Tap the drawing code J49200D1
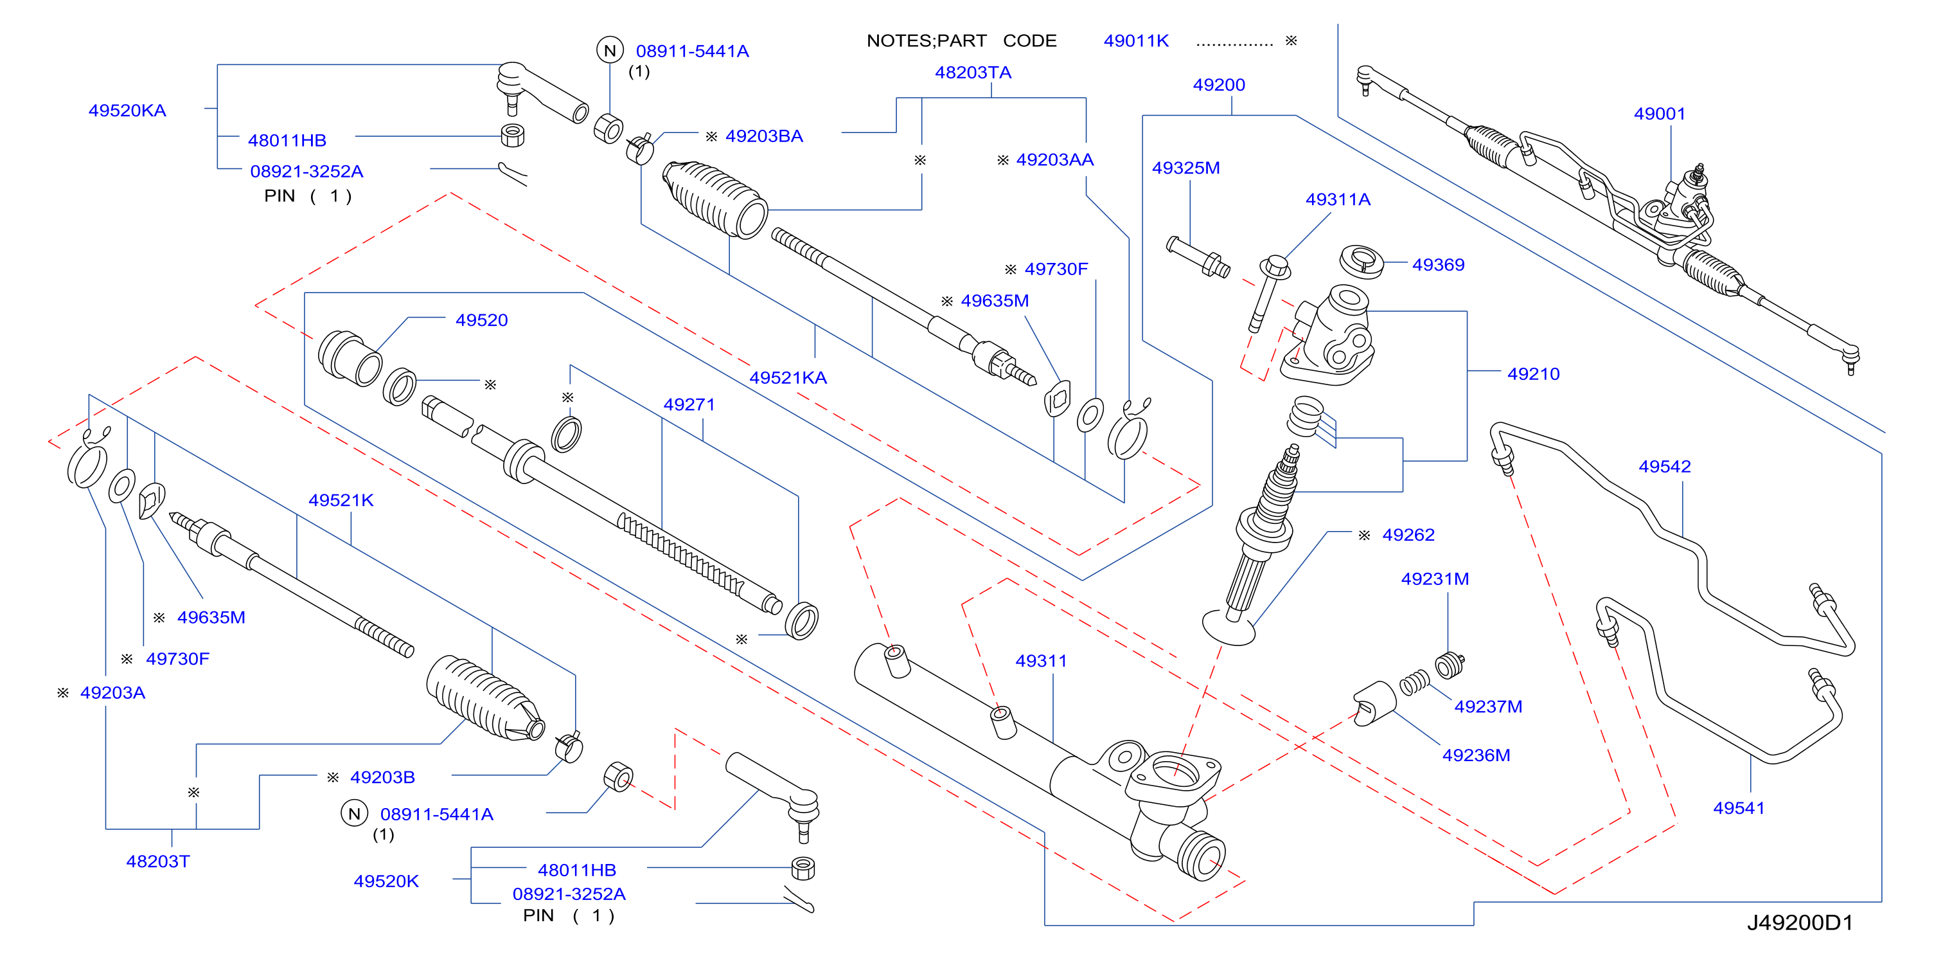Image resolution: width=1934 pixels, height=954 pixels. tap(1800, 923)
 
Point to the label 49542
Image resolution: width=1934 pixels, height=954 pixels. tap(1665, 467)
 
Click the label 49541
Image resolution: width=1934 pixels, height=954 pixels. tap(1739, 808)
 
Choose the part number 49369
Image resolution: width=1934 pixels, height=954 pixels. tap(1438, 265)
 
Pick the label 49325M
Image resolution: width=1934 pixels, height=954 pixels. tap(1185, 168)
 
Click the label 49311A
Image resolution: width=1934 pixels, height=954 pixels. tap(1338, 200)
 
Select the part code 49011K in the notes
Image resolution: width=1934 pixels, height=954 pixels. tap(1136, 41)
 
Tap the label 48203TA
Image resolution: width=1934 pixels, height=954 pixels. tap(973, 73)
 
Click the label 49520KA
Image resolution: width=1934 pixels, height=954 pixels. tap(128, 111)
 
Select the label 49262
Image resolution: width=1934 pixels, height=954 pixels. tap(1408, 535)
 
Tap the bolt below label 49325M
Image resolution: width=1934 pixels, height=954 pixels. tap(1198, 257)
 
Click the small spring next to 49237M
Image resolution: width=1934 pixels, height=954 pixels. tap(1414, 682)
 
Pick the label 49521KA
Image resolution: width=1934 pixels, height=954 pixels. tap(788, 378)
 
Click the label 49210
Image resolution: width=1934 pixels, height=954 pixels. tap(1533, 374)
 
